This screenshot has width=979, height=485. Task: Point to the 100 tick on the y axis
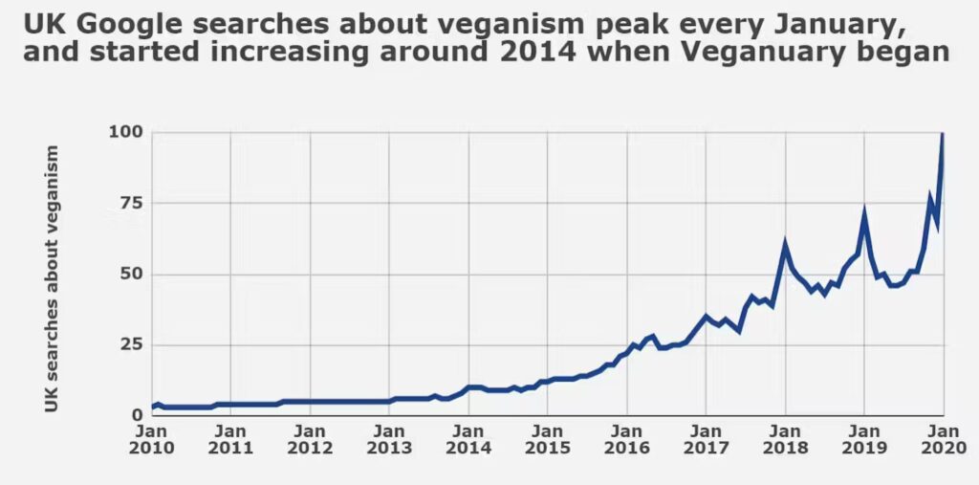(123, 132)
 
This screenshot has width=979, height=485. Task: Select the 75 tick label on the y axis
(128, 203)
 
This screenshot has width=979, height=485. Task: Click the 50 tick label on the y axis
(128, 275)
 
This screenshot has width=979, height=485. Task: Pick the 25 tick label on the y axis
(128, 344)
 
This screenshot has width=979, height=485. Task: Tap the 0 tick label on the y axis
(136, 415)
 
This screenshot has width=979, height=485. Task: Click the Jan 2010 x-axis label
(151, 438)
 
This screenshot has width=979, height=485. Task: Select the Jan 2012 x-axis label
(310, 438)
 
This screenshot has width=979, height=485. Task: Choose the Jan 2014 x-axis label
(468, 438)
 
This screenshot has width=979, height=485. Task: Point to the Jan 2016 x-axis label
(626, 438)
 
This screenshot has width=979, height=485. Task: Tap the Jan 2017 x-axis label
(706, 438)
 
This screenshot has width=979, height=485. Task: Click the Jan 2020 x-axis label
(943, 438)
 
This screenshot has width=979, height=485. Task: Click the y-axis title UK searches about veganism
(52, 279)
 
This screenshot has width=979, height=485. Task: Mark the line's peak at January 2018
(785, 243)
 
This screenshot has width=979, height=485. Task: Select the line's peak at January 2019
(864, 212)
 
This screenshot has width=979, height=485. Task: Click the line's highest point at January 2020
(943, 135)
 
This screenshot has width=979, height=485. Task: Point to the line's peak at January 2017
(706, 316)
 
